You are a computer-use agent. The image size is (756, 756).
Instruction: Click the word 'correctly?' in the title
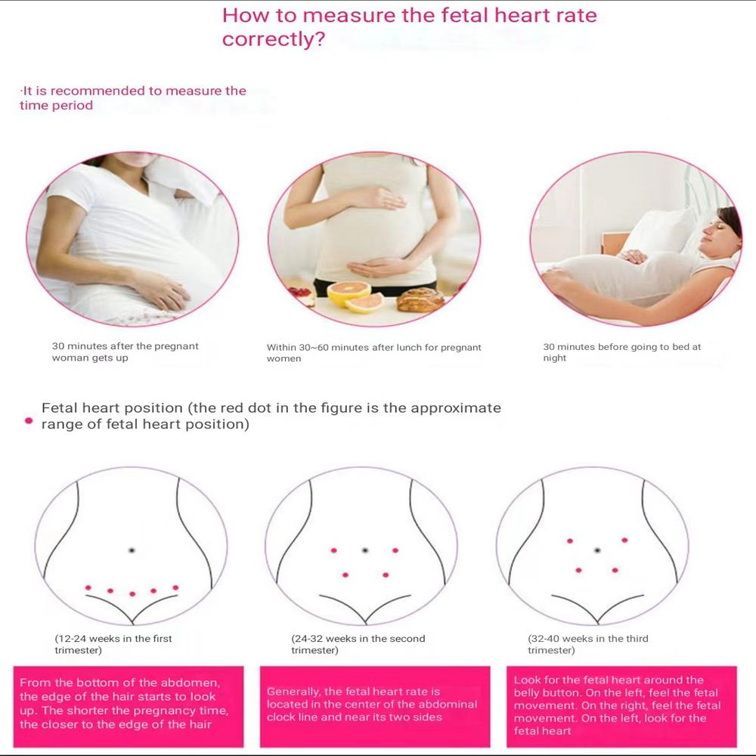coord(274,39)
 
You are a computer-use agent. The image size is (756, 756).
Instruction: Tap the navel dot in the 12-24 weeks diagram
coord(132,550)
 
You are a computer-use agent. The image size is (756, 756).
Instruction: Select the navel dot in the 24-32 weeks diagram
coord(365,550)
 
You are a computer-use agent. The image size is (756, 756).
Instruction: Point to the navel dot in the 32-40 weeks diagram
coord(597,550)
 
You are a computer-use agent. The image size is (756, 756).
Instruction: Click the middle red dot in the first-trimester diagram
coord(132,594)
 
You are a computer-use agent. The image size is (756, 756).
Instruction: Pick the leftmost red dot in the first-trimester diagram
coord(88,587)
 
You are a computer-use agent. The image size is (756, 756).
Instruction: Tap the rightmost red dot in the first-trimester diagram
coord(175,587)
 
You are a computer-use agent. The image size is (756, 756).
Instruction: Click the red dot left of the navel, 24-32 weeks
coord(333,550)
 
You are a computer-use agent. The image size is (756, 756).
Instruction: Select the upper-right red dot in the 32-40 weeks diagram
coord(625,540)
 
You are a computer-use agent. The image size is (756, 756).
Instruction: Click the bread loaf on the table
coord(420,299)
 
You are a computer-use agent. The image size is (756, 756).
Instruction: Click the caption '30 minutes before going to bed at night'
coord(622,352)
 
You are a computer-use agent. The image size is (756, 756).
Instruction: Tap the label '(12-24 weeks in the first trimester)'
coord(113,644)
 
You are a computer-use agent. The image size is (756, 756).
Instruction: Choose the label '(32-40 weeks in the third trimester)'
coord(587,644)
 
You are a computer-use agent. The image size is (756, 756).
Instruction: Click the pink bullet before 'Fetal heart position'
coord(29,421)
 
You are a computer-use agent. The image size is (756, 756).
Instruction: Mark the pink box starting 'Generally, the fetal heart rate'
coord(375,706)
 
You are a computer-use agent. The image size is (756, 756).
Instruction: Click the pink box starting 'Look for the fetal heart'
coord(621,706)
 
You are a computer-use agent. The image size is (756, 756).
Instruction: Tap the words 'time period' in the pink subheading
coord(57,106)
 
